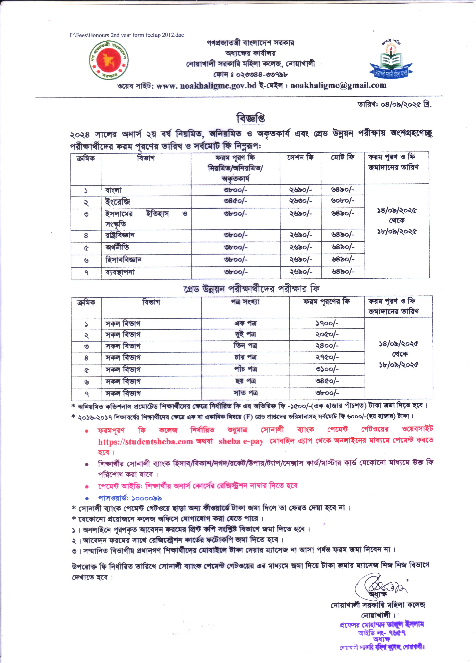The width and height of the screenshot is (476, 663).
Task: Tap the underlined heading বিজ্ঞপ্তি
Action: point(251,118)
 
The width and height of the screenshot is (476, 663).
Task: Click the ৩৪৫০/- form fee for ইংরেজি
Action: point(235,201)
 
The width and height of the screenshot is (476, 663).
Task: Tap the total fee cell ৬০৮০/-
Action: point(343,201)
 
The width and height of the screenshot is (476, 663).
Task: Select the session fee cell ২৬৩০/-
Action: point(301,201)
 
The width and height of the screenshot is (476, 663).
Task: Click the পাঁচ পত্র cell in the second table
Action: point(245,369)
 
